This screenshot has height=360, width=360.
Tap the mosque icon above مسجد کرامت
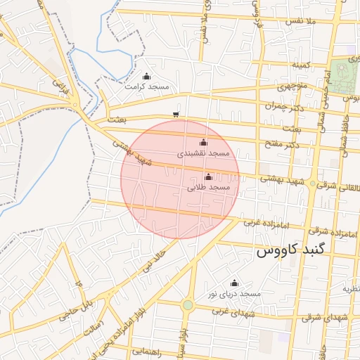pyautogui.click(x=146, y=77)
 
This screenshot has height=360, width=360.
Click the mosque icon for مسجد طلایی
pyautogui.click(x=207, y=177)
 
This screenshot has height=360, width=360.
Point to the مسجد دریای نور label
pyautogui.click(x=240, y=292)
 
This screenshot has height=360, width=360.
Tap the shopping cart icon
pyautogui.click(x=175, y=114)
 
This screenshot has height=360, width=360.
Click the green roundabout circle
pyautogui.click(x=188, y=304)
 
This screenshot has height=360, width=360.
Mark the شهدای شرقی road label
pyautogui.click(x=323, y=318)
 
